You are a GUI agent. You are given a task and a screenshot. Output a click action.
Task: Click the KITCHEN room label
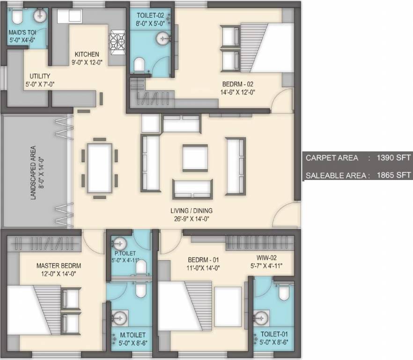coord(86,54)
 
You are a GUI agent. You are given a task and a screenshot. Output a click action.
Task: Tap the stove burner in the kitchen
coord(117,40)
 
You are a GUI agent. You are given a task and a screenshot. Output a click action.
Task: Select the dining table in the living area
coord(100,167)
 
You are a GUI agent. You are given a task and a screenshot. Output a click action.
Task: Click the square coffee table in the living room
coord(195,158)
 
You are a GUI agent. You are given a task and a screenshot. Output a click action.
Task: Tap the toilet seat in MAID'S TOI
coord(17,17)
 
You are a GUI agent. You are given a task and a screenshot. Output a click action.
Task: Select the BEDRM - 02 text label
coord(237,84)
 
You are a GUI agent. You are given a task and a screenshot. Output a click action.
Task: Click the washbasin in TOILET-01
coord(262,316)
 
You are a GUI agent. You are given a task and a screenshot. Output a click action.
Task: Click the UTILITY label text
coord(40,76)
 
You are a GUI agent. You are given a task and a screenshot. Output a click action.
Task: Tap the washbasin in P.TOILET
coord(119,243)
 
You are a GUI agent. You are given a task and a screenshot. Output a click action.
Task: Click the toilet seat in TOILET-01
coord(284,292)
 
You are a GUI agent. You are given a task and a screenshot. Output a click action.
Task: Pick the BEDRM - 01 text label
coord(203,260)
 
